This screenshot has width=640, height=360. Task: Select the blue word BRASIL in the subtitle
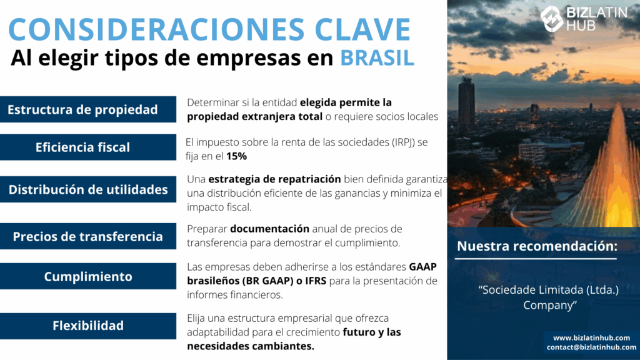tap(377, 57)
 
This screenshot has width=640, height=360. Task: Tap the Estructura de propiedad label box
tap(88, 109)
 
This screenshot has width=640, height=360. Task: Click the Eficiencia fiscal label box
tap(88, 147)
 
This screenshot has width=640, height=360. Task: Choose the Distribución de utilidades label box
tap(88, 189)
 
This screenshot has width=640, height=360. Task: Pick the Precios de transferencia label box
tap(88, 236)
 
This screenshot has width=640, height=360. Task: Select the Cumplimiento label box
tap(88, 276)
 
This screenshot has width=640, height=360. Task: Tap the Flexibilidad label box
tap(88, 326)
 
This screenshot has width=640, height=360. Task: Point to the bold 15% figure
tap(237, 156)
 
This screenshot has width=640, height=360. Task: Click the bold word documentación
tap(270, 229)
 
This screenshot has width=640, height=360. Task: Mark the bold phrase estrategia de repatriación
tap(275, 179)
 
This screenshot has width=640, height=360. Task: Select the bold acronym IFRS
tap(316, 281)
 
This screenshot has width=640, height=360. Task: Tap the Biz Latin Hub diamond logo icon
tap(552, 18)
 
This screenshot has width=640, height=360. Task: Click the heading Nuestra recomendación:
tap(537, 246)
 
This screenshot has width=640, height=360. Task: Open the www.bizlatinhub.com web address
tap(591, 337)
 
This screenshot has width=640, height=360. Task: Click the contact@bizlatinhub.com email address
tap(591, 347)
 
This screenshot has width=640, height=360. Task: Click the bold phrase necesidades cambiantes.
tap(251, 346)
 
